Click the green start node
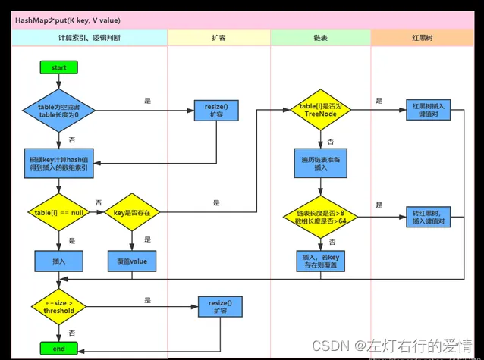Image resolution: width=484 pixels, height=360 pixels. coord(59,67)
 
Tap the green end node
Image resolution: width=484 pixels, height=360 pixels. coord(59,349)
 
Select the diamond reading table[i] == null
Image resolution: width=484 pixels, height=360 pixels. coord(58,212)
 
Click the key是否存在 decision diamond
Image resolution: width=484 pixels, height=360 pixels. coord(132,212)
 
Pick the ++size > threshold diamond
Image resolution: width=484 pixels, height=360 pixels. coord(58,307)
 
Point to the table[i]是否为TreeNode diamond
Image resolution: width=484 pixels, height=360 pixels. coord(320,110)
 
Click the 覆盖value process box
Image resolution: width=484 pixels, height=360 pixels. coord(132,261)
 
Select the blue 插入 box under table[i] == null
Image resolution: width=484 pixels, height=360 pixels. coord(58,261)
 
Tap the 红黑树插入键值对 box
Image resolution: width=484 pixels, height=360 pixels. coord(428,110)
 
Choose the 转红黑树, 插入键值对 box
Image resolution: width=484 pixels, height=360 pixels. coord(428,217)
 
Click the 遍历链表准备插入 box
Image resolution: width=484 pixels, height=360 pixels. coord(320,163)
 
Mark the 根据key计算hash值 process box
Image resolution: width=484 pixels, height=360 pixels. coord(58,164)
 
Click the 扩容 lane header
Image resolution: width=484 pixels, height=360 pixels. coord(218,38)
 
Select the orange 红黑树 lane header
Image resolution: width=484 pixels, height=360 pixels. coord(423,38)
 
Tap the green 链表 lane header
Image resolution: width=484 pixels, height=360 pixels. coord(320,38)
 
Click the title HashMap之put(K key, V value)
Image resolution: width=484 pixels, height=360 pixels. coord(68,20)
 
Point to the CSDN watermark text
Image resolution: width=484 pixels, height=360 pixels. coord(392,346)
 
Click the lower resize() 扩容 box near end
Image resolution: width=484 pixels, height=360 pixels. coord(220,307)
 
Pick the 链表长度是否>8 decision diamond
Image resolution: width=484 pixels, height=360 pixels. coord(320,217)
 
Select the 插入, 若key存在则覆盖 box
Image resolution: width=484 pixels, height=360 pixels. coord(320,261)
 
